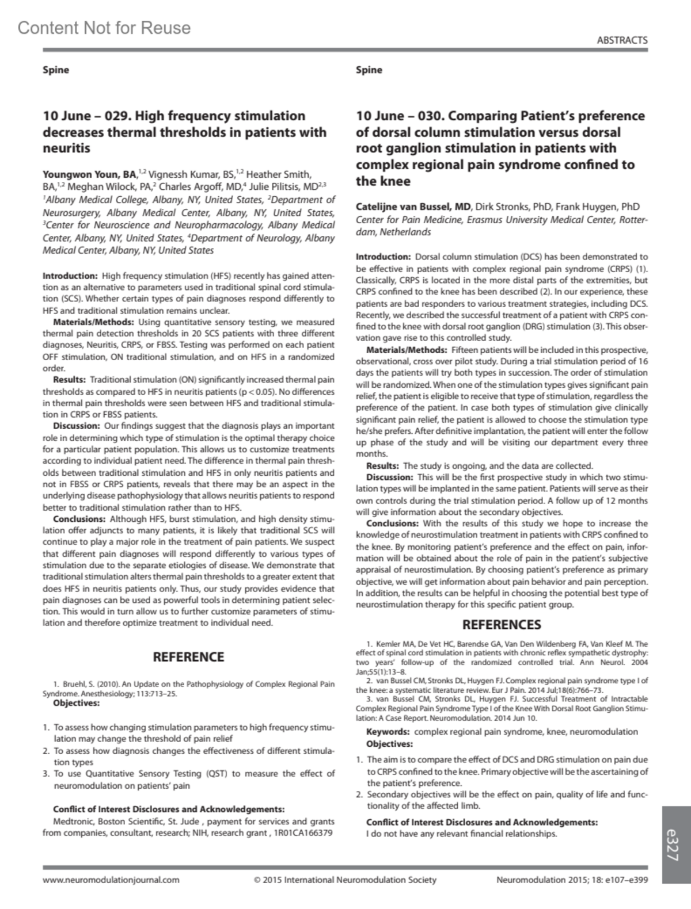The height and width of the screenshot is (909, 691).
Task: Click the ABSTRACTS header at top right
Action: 622,40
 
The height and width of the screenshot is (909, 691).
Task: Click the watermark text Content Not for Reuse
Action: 104,28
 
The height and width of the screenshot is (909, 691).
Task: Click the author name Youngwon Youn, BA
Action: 89,174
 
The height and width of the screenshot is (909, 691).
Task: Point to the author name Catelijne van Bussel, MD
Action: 413,207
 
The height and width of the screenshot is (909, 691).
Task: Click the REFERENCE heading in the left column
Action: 188,657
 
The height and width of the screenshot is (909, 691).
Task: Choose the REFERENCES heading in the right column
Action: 502,625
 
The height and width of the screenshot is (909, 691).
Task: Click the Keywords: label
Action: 388,732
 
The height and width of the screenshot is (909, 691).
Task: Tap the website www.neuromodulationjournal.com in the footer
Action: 111,880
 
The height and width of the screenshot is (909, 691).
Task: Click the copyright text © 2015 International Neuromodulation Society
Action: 345,880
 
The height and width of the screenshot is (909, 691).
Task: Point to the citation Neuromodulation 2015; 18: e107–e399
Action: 572,880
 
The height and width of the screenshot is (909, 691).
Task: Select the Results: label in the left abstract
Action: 70,380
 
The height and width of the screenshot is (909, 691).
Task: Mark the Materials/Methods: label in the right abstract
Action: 407,350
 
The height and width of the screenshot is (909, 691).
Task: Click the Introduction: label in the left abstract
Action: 70,276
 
